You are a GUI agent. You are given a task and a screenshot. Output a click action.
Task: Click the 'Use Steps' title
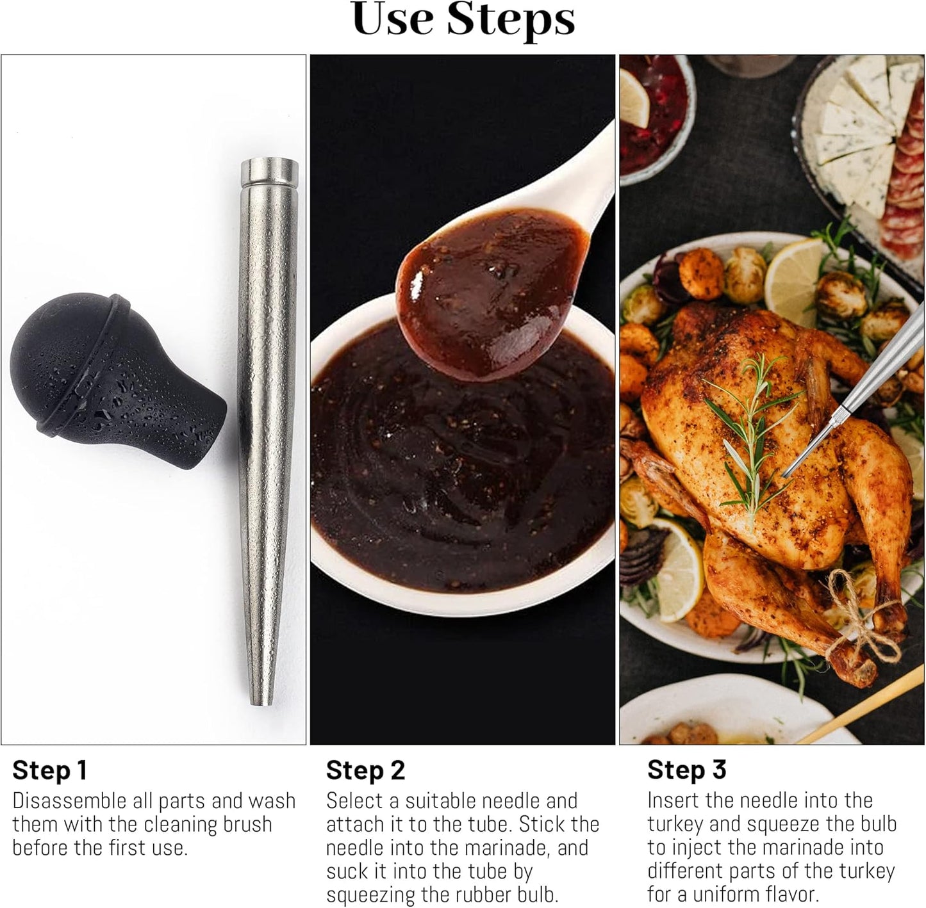(463, 20)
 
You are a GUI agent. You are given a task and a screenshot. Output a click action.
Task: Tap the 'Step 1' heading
(49, 770)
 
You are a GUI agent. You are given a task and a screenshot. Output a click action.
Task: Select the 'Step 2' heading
(365, 770)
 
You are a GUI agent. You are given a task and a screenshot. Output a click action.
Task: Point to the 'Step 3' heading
(686, 770)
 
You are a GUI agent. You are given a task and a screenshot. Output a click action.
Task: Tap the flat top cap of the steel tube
(269, 172)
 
